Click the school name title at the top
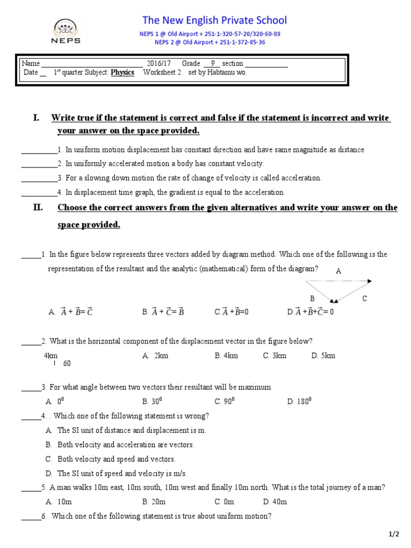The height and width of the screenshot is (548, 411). click(x=214, y=20)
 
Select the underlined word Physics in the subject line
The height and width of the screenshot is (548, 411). click(x=123, y=73)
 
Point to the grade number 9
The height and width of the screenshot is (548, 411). click(x=212, y=63)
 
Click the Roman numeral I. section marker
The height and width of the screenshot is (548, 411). click(x=36, y=118)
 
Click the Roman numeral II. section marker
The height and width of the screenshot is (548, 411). click(x=38, y=208)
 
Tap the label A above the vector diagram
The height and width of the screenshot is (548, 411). click(x=338, y=271)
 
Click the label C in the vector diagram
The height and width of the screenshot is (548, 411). click(x=364, y=299)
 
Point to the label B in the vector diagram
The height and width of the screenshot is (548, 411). click(x=312, y=298)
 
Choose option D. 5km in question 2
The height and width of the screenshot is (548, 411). click(x=323, y=356)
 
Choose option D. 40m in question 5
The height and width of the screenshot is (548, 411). click(x=275, y=502)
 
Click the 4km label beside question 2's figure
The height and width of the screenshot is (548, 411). click(x=51, y=356)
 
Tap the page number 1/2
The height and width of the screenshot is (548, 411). click(x=394, y=534)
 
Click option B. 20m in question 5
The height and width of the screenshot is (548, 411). click(x=154, y=502)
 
